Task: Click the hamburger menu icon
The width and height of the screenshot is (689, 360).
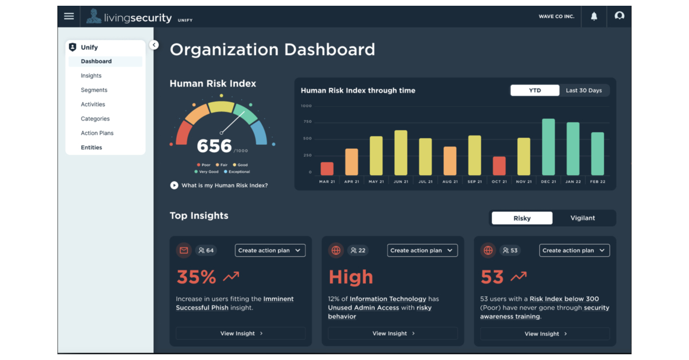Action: pyautogui.click(x=69, y=16)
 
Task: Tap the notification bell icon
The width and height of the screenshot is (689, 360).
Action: pyautogui.click(x=594, y=16)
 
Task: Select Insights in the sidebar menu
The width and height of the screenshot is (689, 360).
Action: pyautogui.click(x=91, y=76)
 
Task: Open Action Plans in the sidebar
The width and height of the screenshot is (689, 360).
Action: pyautogui.click(x=97, y=133)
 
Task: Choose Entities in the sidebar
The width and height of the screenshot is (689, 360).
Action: pyautogui.click(x=91, y=148)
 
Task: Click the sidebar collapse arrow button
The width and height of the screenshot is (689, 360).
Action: pyautogui.click(x=154, y=45)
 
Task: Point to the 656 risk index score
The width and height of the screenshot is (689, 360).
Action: pyautogui.click(x=214, y=146)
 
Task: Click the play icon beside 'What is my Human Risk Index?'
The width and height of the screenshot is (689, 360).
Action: pyautogui.click(x=174, y=185)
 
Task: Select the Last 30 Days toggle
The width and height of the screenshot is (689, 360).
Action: pyautogui.click(x=583, y=90)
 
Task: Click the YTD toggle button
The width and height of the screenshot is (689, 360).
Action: pyautogui.click(x=535, y=90)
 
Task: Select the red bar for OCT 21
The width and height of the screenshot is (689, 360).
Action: pyautogui.click(x=499, y=166)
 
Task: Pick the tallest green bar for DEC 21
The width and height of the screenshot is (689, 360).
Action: pyautogui.click(x=548, y=147)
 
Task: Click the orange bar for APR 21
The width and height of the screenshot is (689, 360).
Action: pyautogui.click(x=351, y=162)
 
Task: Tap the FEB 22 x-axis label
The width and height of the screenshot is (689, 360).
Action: pyautogui.click(x=598, y=181)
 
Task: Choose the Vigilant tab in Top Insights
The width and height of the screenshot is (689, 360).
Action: pyautogui.click(x=582, y=218)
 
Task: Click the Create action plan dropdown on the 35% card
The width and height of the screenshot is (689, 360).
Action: pyautogui.click(x=270, y=250)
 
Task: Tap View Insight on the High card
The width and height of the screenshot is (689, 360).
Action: pyautogui.click(x=393, y=334)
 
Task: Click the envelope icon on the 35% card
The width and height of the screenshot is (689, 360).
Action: pyautogui.click(x=184, y=250)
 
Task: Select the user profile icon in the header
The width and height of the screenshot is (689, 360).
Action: pyautogui.click(x=619, y=16)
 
